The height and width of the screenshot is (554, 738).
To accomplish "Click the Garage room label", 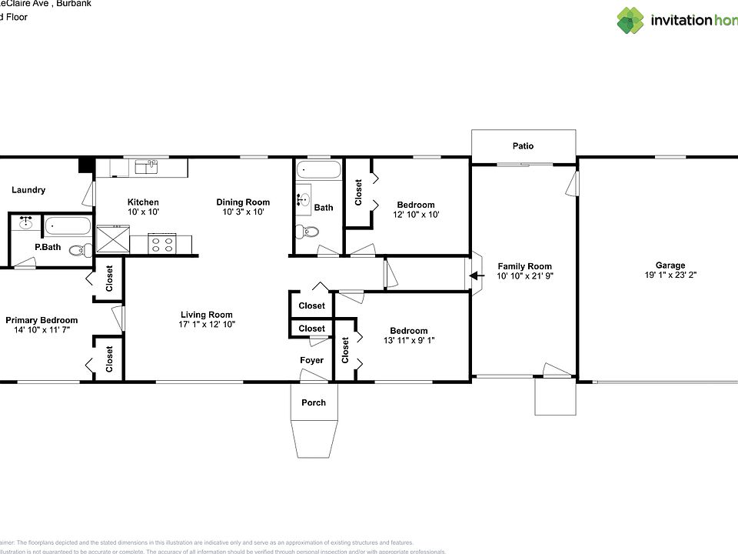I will (x=670, y=265).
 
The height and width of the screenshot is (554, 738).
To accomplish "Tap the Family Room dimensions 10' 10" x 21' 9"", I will (x=524, y=275).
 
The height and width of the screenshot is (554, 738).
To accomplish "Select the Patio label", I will (x=523, y=145).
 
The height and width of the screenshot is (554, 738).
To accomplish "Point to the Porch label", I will (x=313, y=402).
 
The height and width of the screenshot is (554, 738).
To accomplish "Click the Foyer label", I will (x=311, y=360).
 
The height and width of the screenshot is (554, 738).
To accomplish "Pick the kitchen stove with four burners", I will (x=162, y=244).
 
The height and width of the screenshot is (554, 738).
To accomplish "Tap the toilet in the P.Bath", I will (x=78, y=249).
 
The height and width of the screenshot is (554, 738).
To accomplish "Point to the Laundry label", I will (x=28, y=190).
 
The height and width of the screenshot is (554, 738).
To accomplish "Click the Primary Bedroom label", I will (x=42, y=320).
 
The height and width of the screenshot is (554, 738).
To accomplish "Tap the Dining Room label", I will (x=243, y=202).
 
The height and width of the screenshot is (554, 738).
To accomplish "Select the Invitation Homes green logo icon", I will (x=630, y=21).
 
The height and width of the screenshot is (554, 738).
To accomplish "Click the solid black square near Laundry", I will (x=85, y=165).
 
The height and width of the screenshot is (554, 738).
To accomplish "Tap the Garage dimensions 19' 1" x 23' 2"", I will (x=670, y=275).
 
